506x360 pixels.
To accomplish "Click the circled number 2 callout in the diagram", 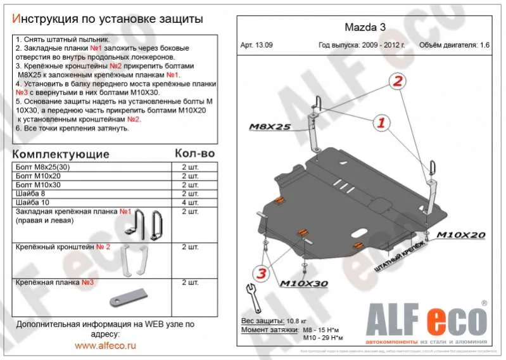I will (397, 81).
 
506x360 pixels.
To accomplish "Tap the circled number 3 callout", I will (260, 274).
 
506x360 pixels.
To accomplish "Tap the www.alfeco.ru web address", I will (105, 346).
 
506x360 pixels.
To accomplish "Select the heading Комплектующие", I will (61, 155).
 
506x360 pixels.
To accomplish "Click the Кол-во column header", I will (194, 154).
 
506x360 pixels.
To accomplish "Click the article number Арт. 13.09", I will (257, 45).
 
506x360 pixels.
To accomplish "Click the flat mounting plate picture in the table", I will (128, 296).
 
